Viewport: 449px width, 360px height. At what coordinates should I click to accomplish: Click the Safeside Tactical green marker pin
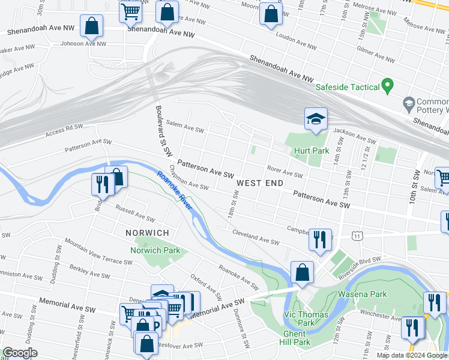point(388,86)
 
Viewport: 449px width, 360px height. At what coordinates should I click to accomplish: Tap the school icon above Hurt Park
point(315,119)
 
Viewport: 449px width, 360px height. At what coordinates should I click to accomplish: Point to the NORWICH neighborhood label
point(147,232)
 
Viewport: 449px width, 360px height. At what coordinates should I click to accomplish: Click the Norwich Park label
point(155,250)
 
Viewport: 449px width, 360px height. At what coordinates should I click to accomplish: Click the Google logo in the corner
point(20,353)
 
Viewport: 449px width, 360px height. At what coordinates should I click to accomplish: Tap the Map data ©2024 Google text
point(412,355)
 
